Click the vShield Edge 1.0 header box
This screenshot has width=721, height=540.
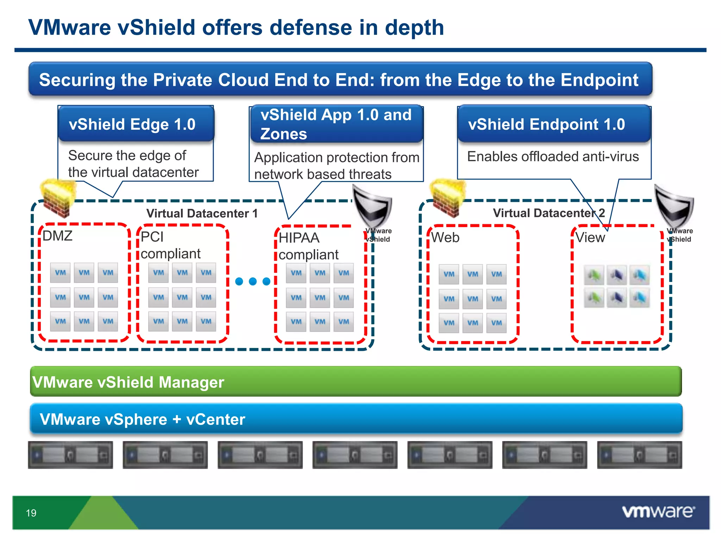pos(136,124)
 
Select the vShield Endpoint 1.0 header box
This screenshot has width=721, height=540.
pos(554,124)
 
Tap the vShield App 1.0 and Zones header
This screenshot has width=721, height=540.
pos(336,124)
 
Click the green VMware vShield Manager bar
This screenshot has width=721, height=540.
pos(356,382)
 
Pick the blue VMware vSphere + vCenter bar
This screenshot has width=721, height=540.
pos(356,419)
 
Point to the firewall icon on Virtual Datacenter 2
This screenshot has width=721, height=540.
pos(447,197)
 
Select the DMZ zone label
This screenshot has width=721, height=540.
pos(57,236)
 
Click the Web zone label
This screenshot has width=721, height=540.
pos(445,238)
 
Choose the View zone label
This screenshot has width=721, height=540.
pos(590,238)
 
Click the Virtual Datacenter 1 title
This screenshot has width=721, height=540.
pos(202,213)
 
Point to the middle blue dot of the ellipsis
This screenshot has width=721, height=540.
pos(253,281)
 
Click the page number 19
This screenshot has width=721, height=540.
pos(31,513)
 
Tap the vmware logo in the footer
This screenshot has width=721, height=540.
pos(658,512)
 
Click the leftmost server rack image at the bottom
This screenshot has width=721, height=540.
pos(70,455)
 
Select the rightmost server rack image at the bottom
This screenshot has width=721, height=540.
pos(639,455)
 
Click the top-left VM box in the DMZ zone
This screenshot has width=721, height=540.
pos(60,272)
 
